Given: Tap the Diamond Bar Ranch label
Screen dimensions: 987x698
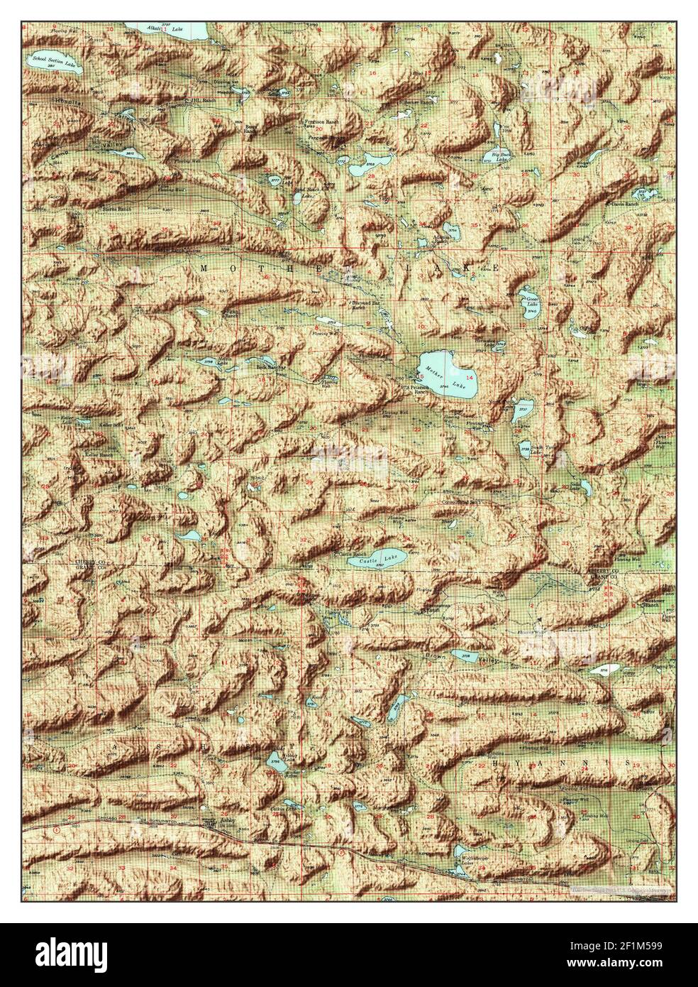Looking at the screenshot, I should (x=369, y=305).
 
